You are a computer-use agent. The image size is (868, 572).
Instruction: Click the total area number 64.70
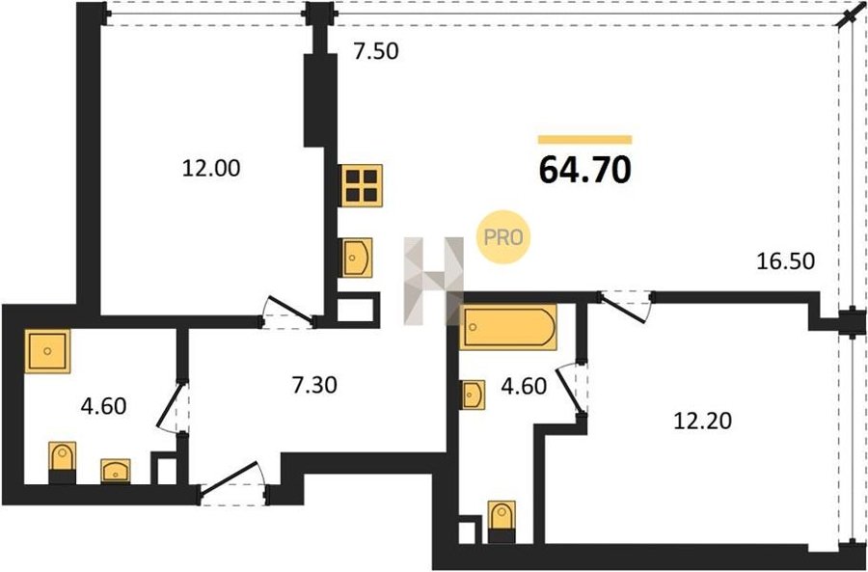(584, 170)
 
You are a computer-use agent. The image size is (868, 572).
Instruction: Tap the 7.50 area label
(376, 51)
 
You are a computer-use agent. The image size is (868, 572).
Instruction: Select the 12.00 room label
(211, 169)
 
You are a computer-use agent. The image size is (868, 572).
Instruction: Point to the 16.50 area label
(785, 261)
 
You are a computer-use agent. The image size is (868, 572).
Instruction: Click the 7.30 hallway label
(314, 384)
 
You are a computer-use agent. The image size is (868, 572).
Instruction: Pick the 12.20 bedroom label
(702, 422)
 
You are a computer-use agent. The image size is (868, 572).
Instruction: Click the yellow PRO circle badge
(503, 237)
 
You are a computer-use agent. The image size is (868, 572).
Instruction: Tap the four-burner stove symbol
(362, 185)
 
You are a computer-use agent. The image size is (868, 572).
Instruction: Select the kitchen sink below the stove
(357, 258)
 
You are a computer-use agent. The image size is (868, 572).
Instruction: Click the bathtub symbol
(508, 327)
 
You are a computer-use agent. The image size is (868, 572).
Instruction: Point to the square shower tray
(47, 351)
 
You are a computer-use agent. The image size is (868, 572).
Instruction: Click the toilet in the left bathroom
(62, 463)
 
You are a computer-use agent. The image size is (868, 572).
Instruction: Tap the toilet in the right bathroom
(502, 522)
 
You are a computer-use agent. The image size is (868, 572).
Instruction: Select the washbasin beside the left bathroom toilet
(116, 472)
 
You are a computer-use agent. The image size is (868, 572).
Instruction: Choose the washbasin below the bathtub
(474, 395)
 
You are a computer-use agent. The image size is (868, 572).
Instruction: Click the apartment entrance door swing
(232, 481)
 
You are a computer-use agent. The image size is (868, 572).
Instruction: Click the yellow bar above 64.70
(584, 140)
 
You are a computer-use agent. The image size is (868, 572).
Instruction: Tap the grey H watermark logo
(433, 281)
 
